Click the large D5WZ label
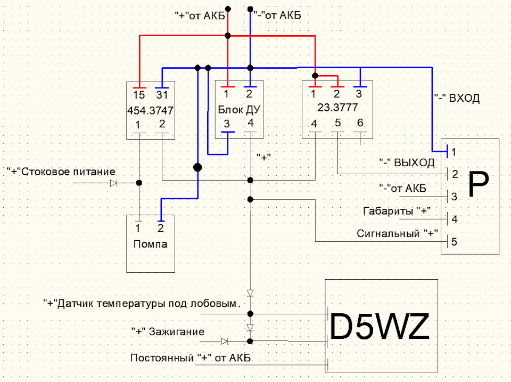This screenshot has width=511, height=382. (x=380, y=327)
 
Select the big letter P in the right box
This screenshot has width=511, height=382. (x=479, y=185)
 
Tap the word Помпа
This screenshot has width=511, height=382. (x=150, y=243)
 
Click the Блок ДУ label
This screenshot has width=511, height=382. (x=239, y=110)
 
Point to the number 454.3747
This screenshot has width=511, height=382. (x=150, y=110)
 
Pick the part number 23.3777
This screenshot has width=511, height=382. (x=337, y=107)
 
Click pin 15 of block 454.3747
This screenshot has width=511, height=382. (x=139, y=95)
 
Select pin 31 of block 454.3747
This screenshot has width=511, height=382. (x=162, y=95)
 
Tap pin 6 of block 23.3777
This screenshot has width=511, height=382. (x=360, y=123)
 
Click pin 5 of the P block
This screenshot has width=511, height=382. (x=454, y=242)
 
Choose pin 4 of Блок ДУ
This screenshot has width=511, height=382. (x=250, y=123)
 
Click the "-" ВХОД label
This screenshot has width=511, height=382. (x=457, y=98)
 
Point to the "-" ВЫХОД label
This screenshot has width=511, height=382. (x=407, y=162)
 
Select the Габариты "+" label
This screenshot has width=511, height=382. (x=397, y=211)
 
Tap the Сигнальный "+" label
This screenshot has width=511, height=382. (x=397, y=233)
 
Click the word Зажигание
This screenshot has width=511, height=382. (x=177, y=332)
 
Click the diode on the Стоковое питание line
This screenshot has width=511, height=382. (x=113, y=183)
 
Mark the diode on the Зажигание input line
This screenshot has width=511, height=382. (x=224, y=342)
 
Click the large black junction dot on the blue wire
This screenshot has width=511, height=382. (x=197, y=168)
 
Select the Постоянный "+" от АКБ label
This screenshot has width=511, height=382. (x=191, y=358)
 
